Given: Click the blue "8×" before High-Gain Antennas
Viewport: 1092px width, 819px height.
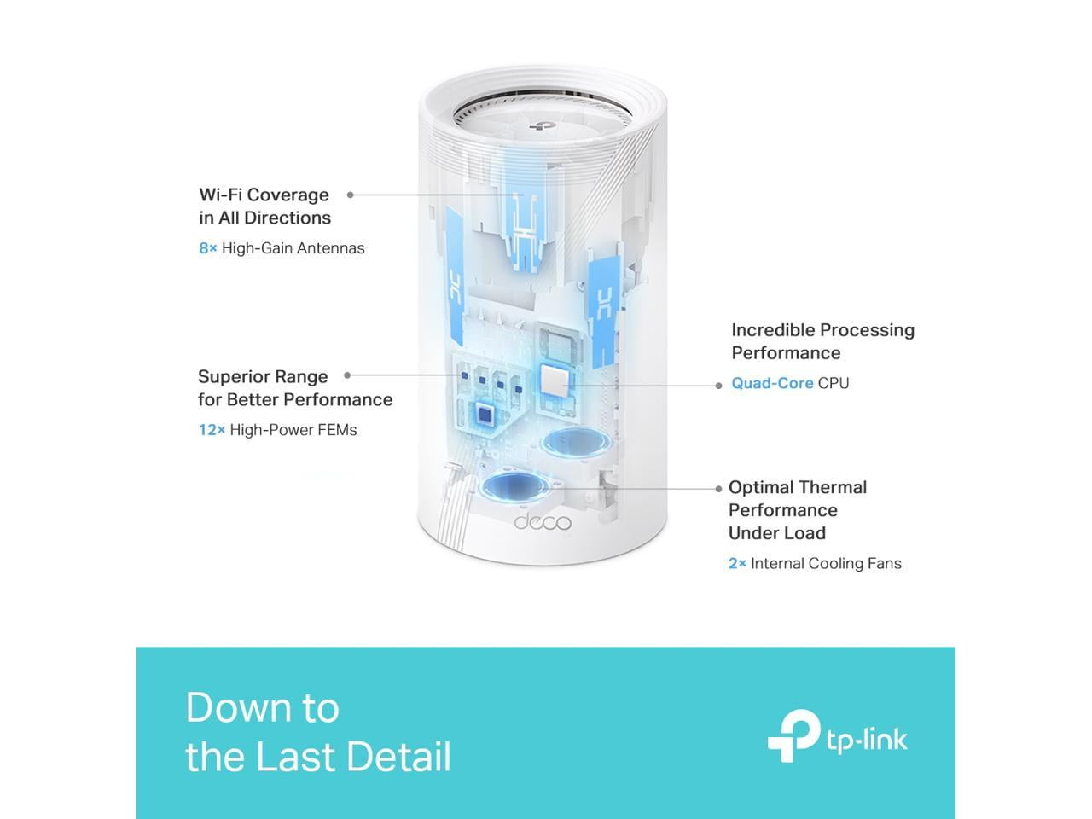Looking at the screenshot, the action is pyautogui.click(x=208, y=248).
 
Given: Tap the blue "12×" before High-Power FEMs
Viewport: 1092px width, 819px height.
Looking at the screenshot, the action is pyautogui.click(x=212, y=430).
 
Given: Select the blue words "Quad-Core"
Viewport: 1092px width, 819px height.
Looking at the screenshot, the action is pyautogui.click(x=772, y=383).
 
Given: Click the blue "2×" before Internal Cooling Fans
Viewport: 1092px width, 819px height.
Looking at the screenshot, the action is pyautogui.click(x=737, y=563).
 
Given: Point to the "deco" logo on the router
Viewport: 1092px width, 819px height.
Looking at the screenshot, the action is pyautogui.click(x=543, y=522).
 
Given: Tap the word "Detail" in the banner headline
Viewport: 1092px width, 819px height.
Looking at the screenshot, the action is pyautogui.click(x=398, y=757).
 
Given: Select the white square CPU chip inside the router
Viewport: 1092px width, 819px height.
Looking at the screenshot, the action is pyautogui.click(x=555, y=380).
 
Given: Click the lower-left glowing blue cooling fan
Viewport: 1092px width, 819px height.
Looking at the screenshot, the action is pyautogui.click(x=515, y=486).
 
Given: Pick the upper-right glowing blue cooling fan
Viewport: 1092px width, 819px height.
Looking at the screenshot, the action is pyautogui.click(x=576, y=441).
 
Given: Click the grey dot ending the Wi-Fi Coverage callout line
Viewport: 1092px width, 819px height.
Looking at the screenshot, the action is pyautogui.click(x=351, y=195).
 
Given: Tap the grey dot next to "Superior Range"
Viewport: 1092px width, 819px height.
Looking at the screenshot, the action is pyautogui.click(x=347, y=375).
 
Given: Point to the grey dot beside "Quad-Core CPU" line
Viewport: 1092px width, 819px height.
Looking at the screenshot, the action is pyautogui.click(x=718, y=386).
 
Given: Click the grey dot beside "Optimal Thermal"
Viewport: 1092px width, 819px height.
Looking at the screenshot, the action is pyautogui.click(x=718, y=489).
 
